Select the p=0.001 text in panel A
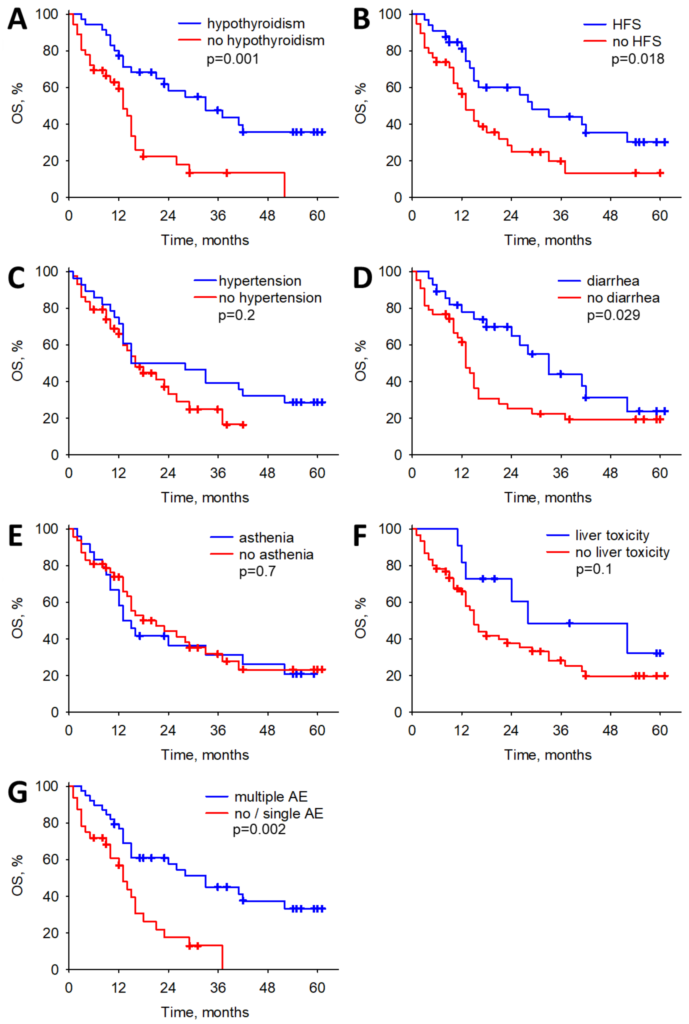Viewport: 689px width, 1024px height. pos(233,59)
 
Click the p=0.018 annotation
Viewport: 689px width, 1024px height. pos(638,59)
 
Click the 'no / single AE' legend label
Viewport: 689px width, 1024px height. pos(279,813)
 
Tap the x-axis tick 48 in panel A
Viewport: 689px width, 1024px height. pos(267,216)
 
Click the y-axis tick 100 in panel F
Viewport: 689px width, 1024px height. pos(390,529)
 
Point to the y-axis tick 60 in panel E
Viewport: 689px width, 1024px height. pos(51,602)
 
